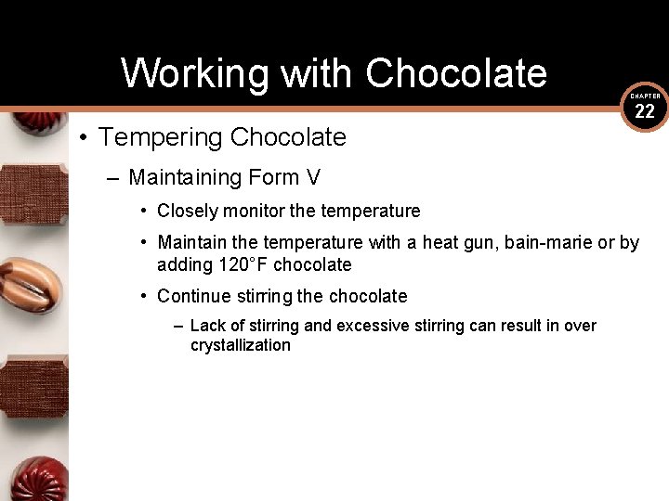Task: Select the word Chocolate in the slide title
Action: pos(455,73)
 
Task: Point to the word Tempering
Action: pos(161,137)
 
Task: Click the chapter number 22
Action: pos(645,112)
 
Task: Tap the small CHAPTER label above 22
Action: pos(645,96)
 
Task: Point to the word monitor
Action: pos(255,212)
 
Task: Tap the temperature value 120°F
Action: pos(243,265)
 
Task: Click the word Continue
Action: pos(192,297)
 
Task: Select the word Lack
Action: pos(207,326)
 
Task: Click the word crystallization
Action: pos(241,345)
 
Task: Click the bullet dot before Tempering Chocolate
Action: pos(83,138)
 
